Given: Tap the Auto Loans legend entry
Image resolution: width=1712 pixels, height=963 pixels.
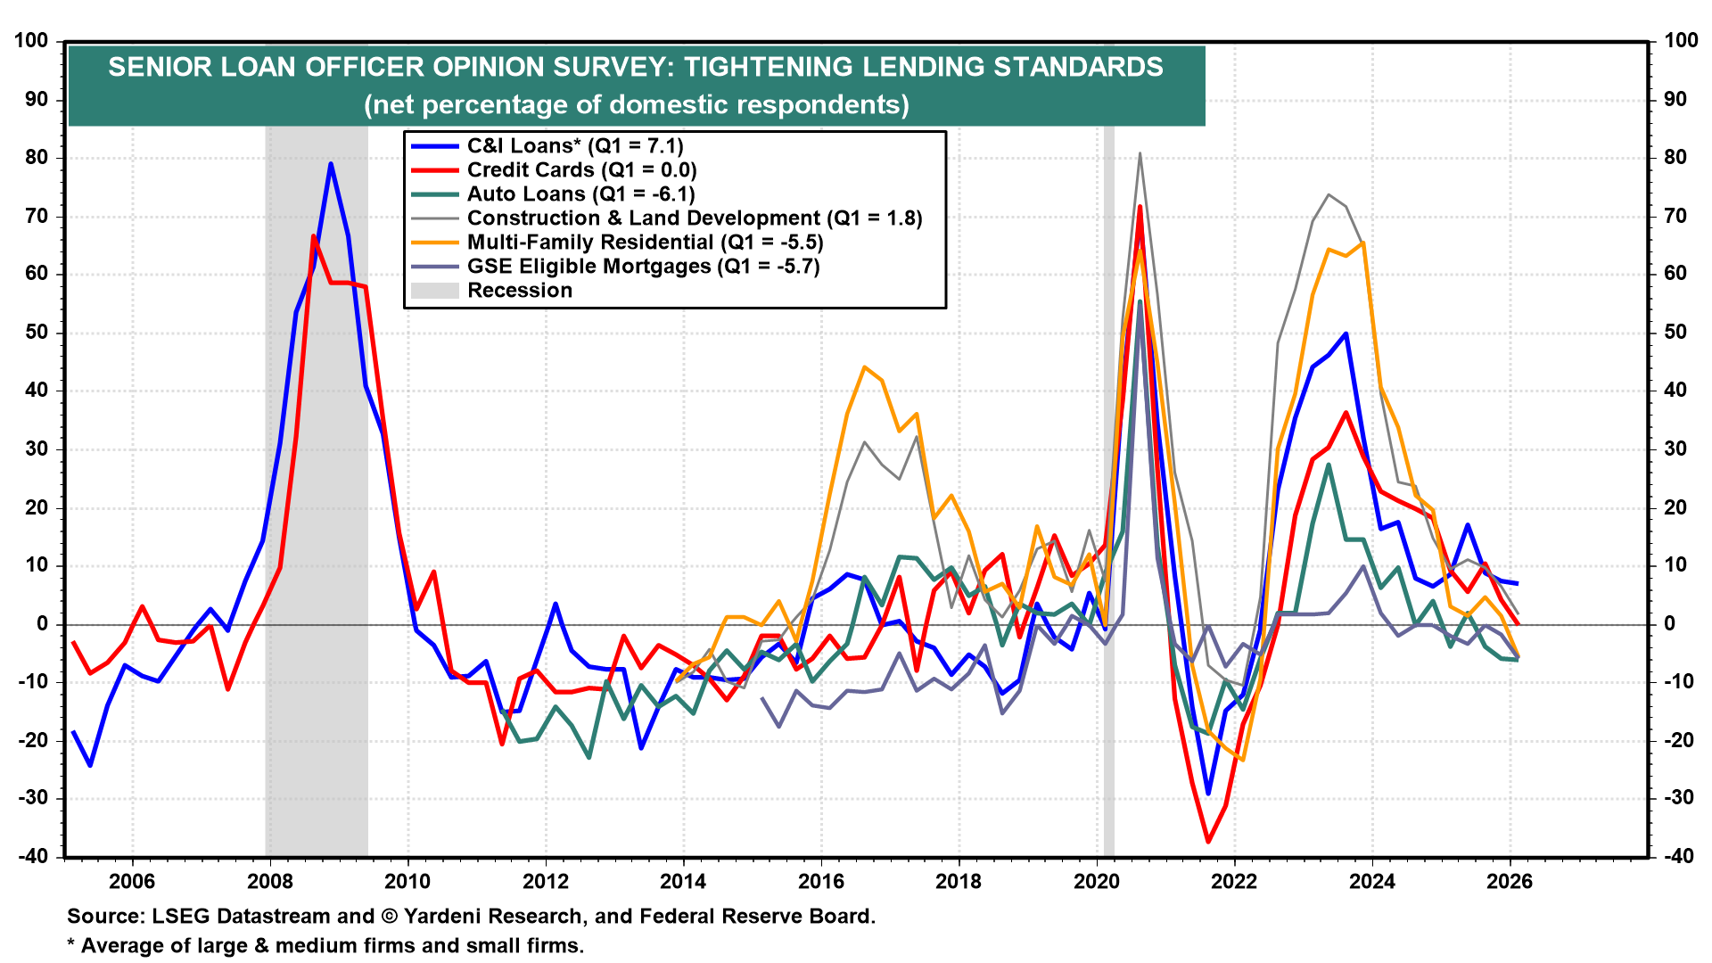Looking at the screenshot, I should pyautogui.click(x=580, y=194).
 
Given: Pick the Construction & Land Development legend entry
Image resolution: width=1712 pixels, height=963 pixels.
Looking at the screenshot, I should pyautogui.click(x=694, y=218).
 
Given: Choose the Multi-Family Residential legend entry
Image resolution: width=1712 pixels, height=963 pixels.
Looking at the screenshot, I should pyautogui.click(x=645, y=243).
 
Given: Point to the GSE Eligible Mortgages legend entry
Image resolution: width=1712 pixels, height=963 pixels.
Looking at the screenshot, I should pyautogui.click(x=643, y=267).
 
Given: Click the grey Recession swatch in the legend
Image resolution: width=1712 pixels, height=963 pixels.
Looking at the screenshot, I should pyautogui.click(x=434, y=291).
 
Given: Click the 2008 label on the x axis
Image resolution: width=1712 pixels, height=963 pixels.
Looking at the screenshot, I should pyautogui.click(x=270, y=882).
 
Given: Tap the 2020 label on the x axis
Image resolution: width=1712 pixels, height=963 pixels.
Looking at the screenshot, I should pyautogui.click(x=1097, y=882).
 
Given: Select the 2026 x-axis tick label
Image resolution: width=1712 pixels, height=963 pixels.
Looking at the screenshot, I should pyautogui.click(x=1510, y=882).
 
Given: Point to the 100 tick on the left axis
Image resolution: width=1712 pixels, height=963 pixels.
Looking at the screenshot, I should pyautogui.click(x=31, y=41).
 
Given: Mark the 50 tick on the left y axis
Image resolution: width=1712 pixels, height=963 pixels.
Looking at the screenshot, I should pyautogui.click(x=37, y=333).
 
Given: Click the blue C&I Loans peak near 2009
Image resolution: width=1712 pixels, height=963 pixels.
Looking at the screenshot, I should pyautogui.click(x=331, y=164).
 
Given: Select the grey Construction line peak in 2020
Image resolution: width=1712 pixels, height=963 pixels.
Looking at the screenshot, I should pyautogui.click(x=1140, y=153).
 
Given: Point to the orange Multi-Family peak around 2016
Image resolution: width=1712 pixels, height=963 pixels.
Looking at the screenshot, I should pyautogui.click(x=864, y=366).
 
